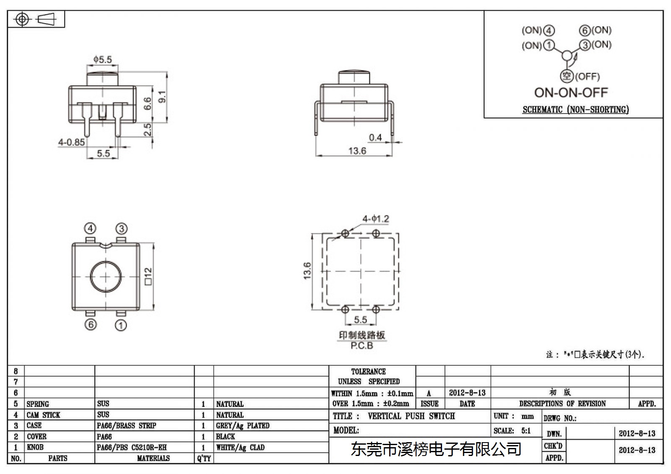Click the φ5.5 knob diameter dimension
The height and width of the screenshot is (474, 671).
click(102, 59)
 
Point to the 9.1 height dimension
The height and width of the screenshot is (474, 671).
click(162, 97)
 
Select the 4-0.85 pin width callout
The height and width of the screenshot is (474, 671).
click(71, 142)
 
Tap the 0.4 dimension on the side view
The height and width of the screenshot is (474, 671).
click(375, 137)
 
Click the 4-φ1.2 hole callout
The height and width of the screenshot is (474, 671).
click(376, 219)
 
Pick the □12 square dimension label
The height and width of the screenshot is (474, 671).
click(148, 276)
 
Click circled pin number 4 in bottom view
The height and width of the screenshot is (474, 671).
click(90, 228)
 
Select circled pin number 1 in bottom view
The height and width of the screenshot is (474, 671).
click(121, 325)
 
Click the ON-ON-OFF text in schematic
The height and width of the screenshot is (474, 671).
click(571, 93)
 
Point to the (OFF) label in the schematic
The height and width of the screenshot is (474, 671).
click(588, 77)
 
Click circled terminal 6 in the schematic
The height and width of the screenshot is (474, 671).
click(585, 31)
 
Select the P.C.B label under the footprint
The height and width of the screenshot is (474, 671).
click(362, 345)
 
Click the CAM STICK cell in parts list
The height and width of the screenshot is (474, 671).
click(43, 415)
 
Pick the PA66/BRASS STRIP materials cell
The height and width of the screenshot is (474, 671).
click(126, 425)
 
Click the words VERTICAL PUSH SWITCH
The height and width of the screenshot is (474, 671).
click(411, 416)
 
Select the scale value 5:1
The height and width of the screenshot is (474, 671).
click(526, 430)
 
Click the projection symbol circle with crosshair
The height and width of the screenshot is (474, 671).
click(22, 19)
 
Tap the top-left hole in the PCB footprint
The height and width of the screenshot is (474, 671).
click(345, 233)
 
